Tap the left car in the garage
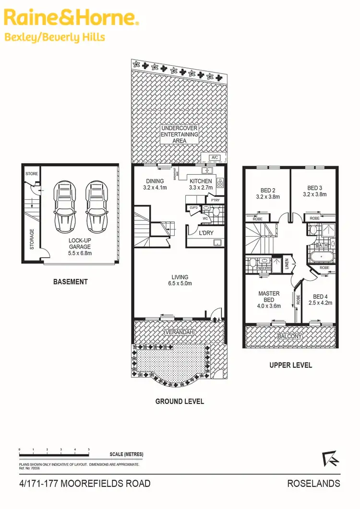coord(64,206)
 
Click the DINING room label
coord(155,181)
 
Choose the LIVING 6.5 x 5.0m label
coord(180,280)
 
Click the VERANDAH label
coord(180,332)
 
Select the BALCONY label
coord(289,337)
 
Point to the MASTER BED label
coord(269,296)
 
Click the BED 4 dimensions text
coord(323,303)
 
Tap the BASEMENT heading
coord(70,282)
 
